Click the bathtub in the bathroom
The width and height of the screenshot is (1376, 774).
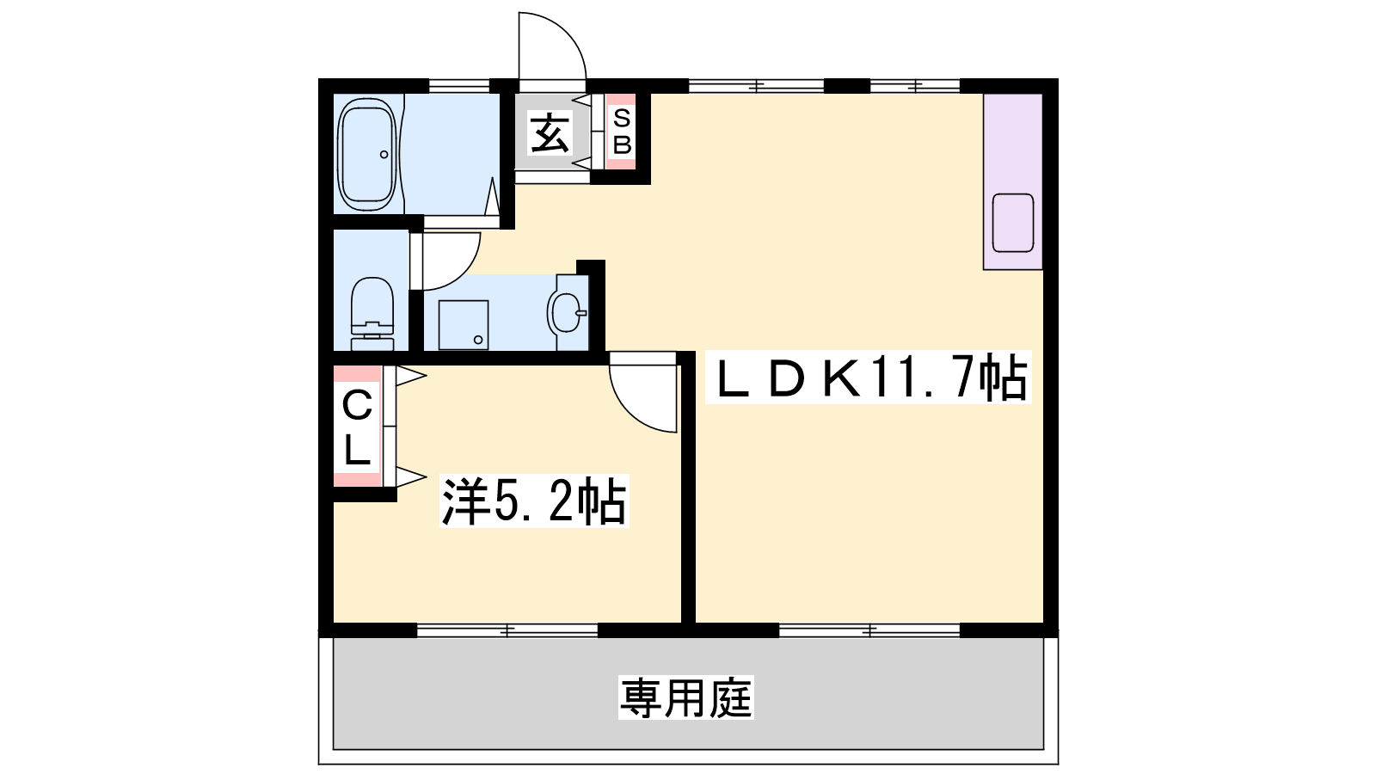click(x=367, y=154)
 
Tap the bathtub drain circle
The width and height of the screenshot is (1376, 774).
click(x=384, y=154)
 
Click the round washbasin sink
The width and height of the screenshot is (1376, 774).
click(x=566, y=313)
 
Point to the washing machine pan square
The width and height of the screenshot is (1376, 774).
click(x=464, y=325)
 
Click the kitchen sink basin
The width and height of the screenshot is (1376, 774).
click(x=1012, y=223)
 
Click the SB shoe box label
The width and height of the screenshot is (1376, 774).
click(x=622, y=131)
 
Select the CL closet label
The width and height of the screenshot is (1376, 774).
click(x=357, y=427)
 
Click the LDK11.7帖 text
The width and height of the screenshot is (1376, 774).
click(x=868, y=378)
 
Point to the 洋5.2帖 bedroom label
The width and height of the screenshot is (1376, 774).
click(x=534, y=501)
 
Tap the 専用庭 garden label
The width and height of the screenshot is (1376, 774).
click(x=686, y=697)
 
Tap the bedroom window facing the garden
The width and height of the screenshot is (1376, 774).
click(x=507, y=630)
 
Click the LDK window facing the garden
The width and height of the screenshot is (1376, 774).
click(x=869, y=630)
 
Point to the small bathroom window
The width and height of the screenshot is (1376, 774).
click(x=459, y=85)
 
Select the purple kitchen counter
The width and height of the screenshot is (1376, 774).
click(x=1013, y=181)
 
